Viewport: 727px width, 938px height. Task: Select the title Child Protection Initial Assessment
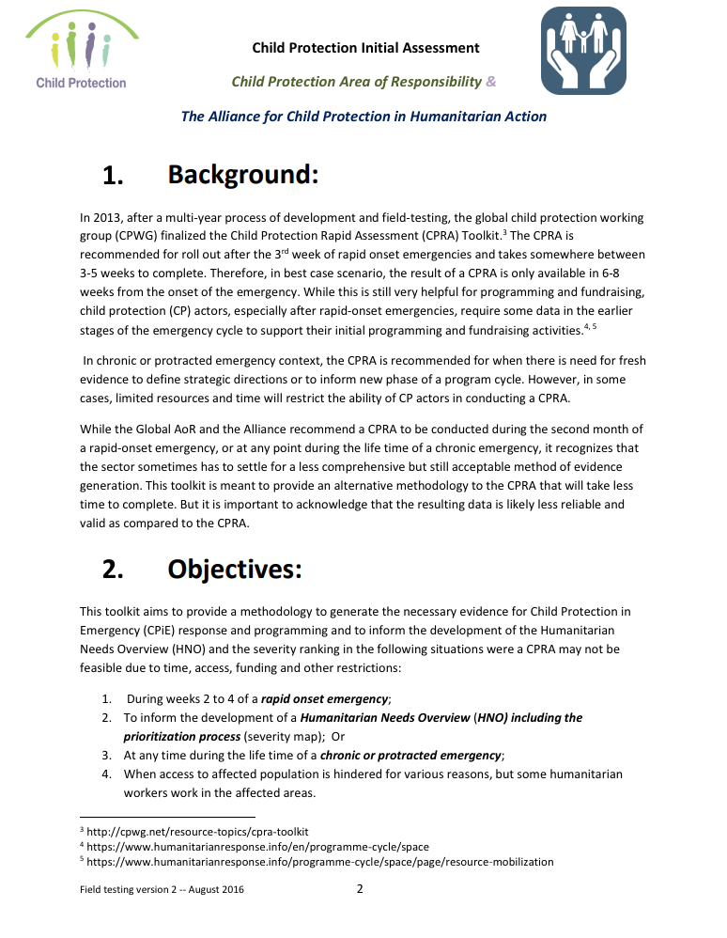click(365, 48)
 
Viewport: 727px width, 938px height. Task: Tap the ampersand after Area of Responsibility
click(490, 82)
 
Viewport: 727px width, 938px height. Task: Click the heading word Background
click(243, 175)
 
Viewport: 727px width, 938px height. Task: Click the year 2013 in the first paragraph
click(108, 217)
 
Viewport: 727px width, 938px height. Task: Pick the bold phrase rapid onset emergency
click(324, 698)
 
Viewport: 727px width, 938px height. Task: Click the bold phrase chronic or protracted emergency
click(411, 755)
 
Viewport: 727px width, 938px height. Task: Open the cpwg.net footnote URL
click(197, 832)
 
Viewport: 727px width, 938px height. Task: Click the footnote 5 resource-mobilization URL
click(319, 861)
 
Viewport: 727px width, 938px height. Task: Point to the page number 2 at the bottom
click(360, 889)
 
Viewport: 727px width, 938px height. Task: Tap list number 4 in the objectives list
click(106, 774)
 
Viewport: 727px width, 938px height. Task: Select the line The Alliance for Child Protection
click(363, 117)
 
